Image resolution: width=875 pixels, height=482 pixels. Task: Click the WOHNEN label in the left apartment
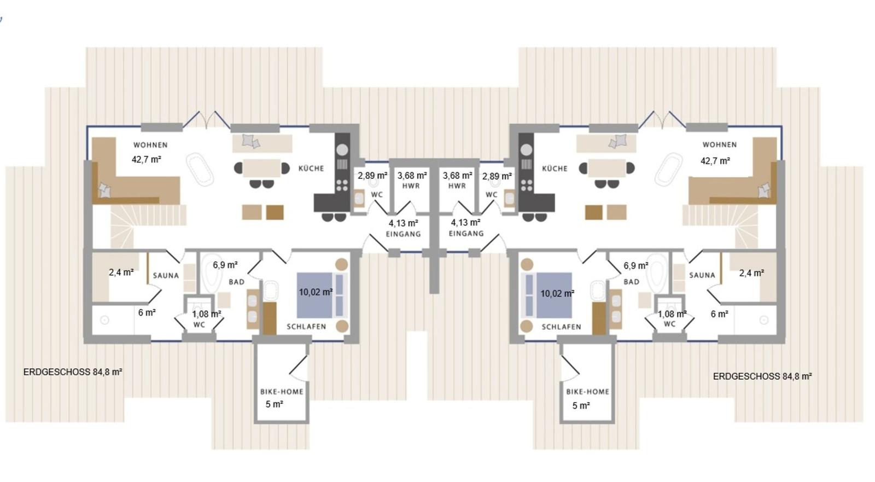pyautogui.click(x=150, y=145)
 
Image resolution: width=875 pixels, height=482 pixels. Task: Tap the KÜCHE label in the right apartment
pyautogui.click(x=555, y=169)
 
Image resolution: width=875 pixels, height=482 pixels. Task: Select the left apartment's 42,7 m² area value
pyautogui.click(x=147, y=160)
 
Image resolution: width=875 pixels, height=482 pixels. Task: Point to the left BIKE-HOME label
pyautogui.click(x=282, y=392)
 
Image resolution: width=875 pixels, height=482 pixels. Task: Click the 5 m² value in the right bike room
pyautogui.click(x=581, y=406)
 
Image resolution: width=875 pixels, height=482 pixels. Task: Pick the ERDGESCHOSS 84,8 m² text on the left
pyautogui.click(x=73, y=372)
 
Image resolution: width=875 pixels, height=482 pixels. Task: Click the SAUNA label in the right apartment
pyautogui.click(x=702, y=275)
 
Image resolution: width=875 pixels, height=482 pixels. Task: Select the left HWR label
pyautogui.click(x=411, y=186)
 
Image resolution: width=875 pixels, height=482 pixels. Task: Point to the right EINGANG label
pyautogui.click(x=466, y=234)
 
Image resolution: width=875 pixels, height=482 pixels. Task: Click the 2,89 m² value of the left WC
pyautogui.click(x=372, y=176)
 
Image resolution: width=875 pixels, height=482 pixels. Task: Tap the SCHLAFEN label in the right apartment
pyautogui.click(x=561, y=327)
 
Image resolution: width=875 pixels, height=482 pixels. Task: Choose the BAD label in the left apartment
pyautogui.click(x=236, y=282)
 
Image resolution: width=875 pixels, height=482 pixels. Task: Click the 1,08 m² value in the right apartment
pyautogui.click(x=672, y=314)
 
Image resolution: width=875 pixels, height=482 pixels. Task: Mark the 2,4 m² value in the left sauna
pyautogui.click(x=121, y=272)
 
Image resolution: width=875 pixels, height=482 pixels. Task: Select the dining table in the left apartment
pyautogui.click(x=262, y=168)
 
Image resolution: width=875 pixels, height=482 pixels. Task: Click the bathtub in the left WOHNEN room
pyautogui.click(x=200, y=170)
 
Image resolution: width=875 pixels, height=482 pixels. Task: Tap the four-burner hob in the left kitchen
pyautogui.click(x=342, y=185)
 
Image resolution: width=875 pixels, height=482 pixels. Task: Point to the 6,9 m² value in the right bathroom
pyautogui.click(x=636, y=266)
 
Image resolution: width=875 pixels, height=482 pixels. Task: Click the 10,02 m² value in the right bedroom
pyautogui.click(x=557, y=293)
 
